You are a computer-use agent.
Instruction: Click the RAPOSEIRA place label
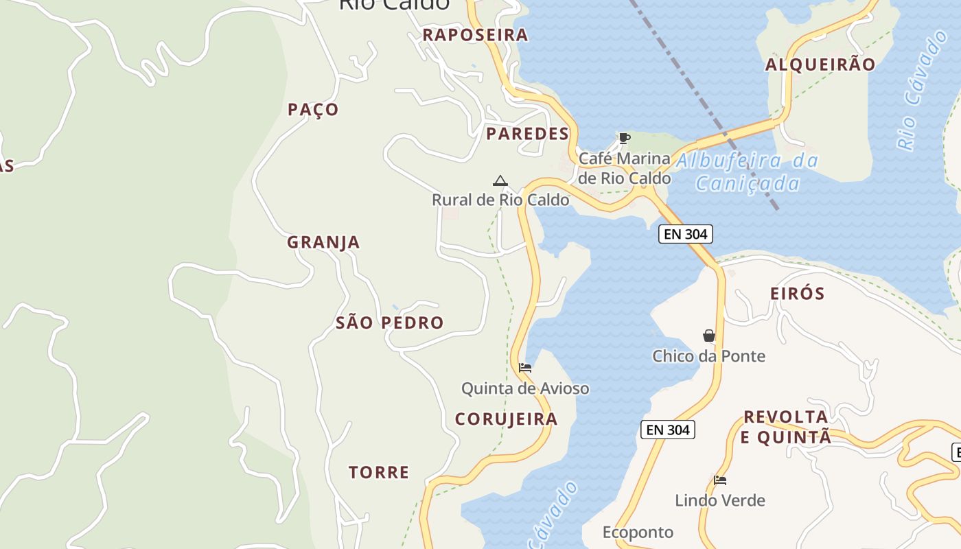tap(475, 35)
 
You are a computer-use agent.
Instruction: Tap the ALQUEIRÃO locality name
tap(820, 65)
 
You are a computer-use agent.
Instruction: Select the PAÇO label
tap(313, 110)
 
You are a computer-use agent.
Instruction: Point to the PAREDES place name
tap(527, 134)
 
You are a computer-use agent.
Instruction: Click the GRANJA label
tap(323, 242)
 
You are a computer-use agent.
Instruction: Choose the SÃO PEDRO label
tap(389, 323)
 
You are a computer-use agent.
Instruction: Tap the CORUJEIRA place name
tap(506, 419)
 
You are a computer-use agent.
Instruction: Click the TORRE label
tap(379, 472)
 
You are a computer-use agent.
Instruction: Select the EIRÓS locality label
tap(797, 294)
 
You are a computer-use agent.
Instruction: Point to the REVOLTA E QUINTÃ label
tap(787, 427)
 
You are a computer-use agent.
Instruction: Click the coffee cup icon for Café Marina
tap(624, 139)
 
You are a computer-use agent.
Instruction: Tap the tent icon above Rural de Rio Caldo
tap(500, 181)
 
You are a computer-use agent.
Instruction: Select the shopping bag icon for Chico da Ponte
tap(709, 336)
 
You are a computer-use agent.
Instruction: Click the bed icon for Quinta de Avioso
tap(525, 368)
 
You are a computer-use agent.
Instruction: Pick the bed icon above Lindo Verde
tap(720, 480)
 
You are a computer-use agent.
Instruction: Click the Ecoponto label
tap(638, 532)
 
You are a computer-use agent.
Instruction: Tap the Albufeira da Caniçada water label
tap(748, 172)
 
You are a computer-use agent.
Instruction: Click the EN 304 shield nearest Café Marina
tap(686, 234)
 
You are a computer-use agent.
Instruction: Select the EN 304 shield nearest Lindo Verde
tap(668, 430)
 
